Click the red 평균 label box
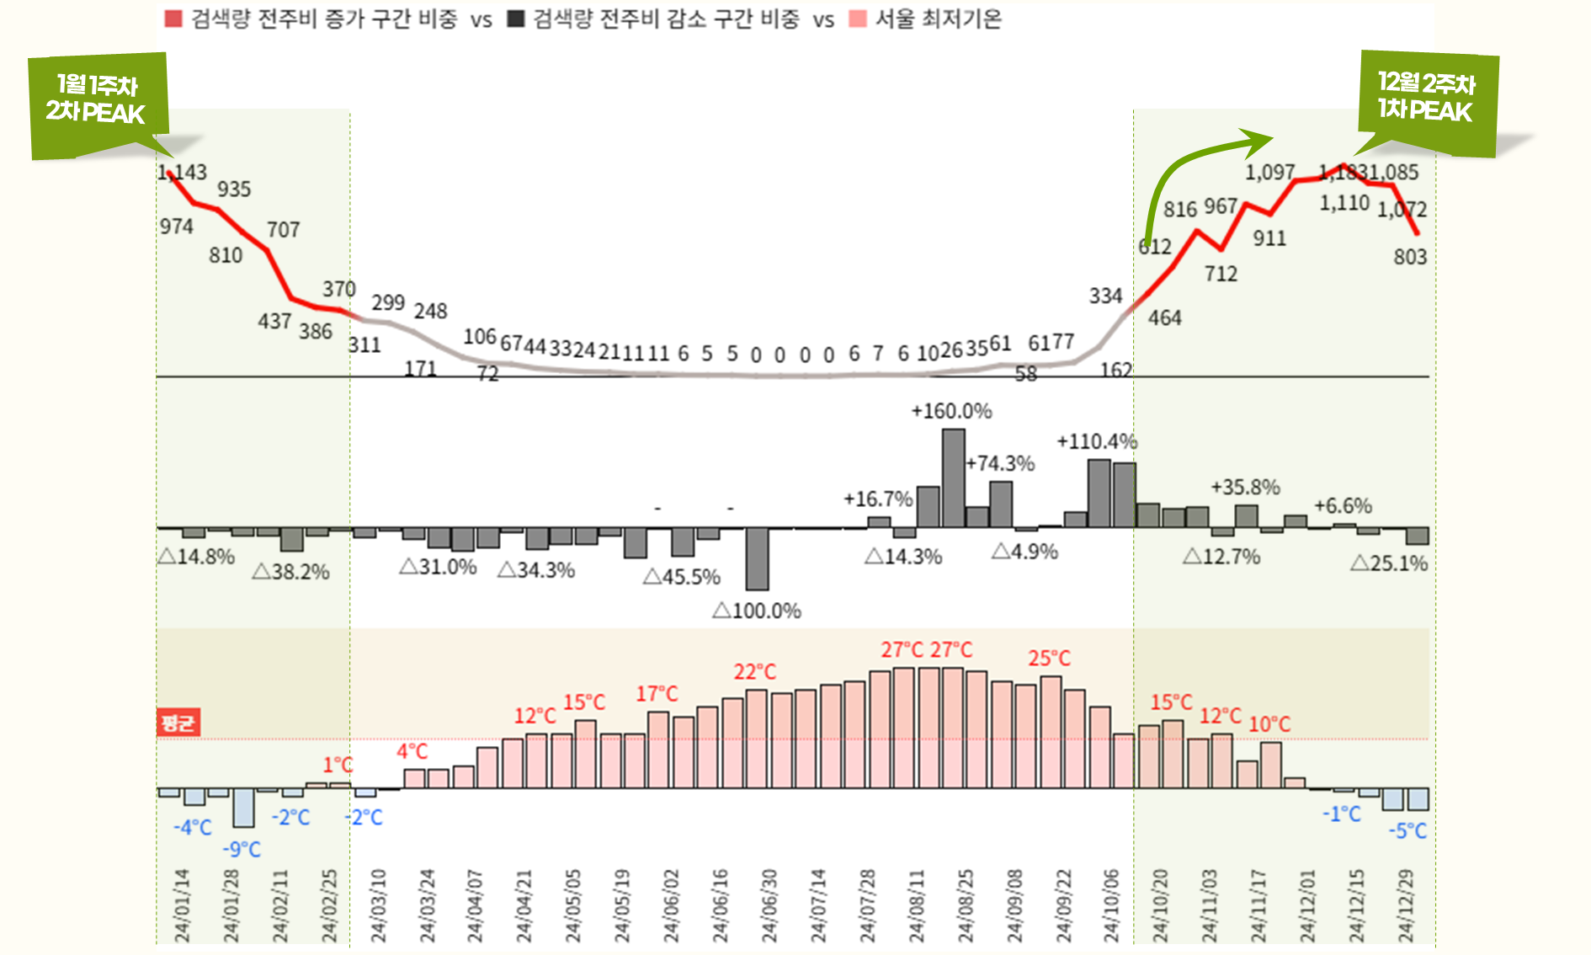(x=178, y=723)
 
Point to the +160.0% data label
(x=951, y=411)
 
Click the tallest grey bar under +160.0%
(x=953, y=477)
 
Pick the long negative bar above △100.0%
(x=757, y=558)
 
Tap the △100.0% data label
(x=757, y=611)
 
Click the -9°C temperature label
(x=242, y=849)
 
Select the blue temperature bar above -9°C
(x=244, y=808)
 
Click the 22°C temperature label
(x=754, y=672)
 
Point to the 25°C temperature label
(x=1049, y=659)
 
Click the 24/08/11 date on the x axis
(x=916, y=905)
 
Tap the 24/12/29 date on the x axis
(x=1406, y=905)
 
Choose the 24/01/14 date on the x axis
(x=182, y=905)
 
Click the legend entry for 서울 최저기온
(x=938, y=19)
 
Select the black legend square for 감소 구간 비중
(x=516, y=19)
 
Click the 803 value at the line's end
(x=1410, y=257)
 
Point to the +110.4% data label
(x=1097, y=441)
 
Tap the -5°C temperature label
(x=1407, y=831)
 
